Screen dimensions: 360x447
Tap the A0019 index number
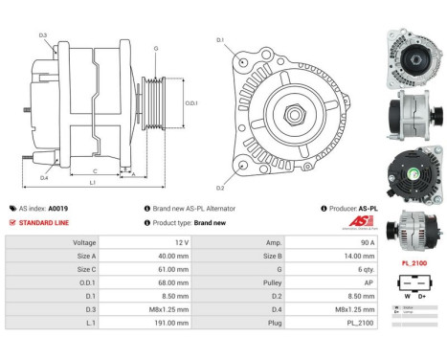tap(58, 208)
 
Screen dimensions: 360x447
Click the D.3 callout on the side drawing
tap(43, 35)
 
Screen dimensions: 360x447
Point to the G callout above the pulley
tap(155, 48)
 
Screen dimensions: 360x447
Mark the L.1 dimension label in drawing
tap(91, 182)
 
